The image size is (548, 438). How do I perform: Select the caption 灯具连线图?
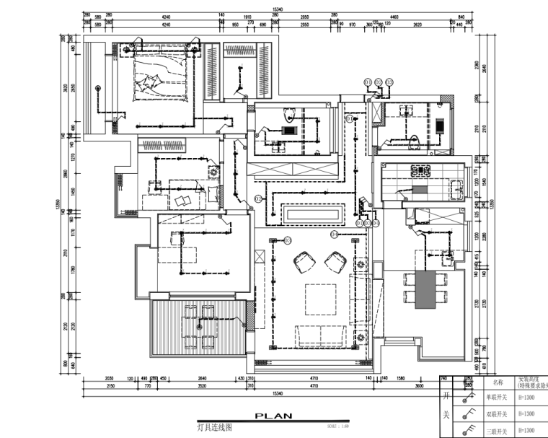(216, 427)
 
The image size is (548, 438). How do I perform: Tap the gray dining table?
(426, 289)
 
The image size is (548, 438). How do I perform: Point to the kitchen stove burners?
(419, 172)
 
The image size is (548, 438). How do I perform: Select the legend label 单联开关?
(497, 397)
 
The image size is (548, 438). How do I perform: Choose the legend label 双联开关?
(497, 414)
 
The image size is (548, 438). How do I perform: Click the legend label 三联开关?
(497, 432)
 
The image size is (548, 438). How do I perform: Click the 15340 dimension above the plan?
(276, 9)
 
